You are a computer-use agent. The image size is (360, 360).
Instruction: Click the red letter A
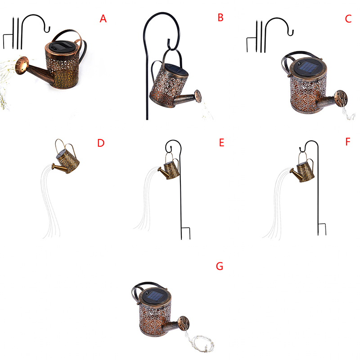tap(103, 18)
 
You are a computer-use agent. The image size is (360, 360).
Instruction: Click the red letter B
tap(220, 18)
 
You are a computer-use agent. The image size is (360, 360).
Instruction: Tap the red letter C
tap(348, 19)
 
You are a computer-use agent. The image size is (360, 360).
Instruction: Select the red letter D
tap(101, 143)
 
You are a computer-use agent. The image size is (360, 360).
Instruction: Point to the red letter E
tap(221, 143)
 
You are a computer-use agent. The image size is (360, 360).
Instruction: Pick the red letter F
tap(348, 142)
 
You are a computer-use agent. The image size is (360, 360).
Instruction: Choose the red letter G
tap(220, 266)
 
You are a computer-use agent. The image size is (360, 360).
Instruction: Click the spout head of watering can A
tap(22, 65)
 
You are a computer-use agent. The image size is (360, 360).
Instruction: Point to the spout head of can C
tap(341, 99)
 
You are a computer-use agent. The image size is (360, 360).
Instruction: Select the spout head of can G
tap(184, 323)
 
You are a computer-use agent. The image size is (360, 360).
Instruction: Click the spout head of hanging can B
tap(198, 96)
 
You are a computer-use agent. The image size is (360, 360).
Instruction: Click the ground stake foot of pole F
tap(322, 229)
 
